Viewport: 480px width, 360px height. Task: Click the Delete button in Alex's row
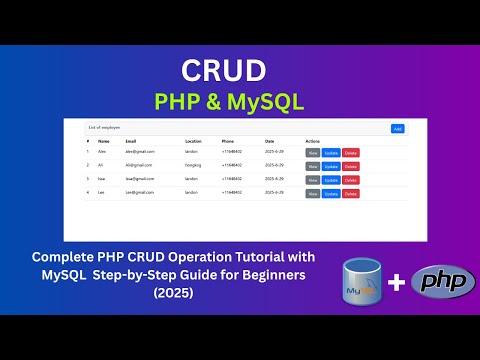[350, 153]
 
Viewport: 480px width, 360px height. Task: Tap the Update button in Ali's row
[331, 166]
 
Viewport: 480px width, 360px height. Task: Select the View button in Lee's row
[313, 193]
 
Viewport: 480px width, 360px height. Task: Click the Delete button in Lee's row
[350, 193]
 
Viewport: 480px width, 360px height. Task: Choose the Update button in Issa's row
[331, 180]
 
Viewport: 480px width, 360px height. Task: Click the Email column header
[131, 142]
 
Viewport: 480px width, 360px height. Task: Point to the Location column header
[194, 142]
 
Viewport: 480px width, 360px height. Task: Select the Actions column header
[313, 142]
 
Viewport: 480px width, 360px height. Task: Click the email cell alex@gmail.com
[140, 153]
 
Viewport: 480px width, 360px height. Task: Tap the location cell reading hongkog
[196, 166]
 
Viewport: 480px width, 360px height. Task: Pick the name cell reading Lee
[101, 192]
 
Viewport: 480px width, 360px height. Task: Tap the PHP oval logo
[441, 283]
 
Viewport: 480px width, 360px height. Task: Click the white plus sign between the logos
[397, 283]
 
